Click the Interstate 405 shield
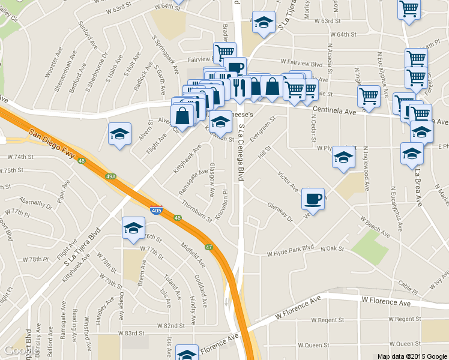[155, 211]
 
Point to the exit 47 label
[208, 247]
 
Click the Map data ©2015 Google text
[412, 356]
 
